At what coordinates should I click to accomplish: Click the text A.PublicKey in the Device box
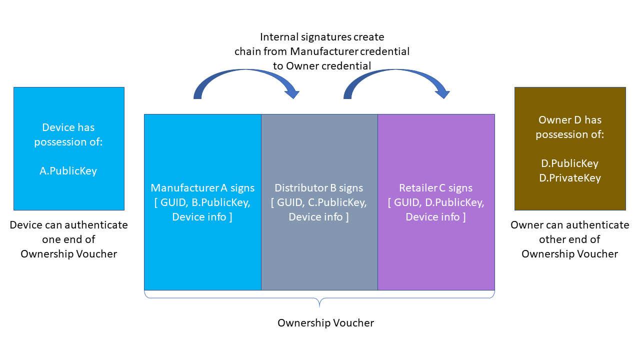[x=68, y=171]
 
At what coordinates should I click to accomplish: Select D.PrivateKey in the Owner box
[x=570, y=178]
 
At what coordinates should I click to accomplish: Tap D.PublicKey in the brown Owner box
[x=569, y=163]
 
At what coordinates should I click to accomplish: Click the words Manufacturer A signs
[x=202, y=188]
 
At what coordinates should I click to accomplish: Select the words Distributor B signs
[x=319, y=188]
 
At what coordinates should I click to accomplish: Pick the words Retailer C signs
[x=435, y=188]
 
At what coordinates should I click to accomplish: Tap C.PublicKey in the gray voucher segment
[x=338, y=202]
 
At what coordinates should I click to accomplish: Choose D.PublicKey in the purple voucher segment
[x=455, y=202]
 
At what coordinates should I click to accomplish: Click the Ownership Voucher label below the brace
[x=325, y=323]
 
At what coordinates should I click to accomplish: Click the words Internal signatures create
[x=322, y=37]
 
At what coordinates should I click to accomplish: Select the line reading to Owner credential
[x=322, y=65]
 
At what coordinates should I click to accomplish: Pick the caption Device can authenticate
[x=69, y=225]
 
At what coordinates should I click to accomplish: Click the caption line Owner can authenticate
[x=570, y=225]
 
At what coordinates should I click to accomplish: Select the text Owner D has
[x=570, y=120]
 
